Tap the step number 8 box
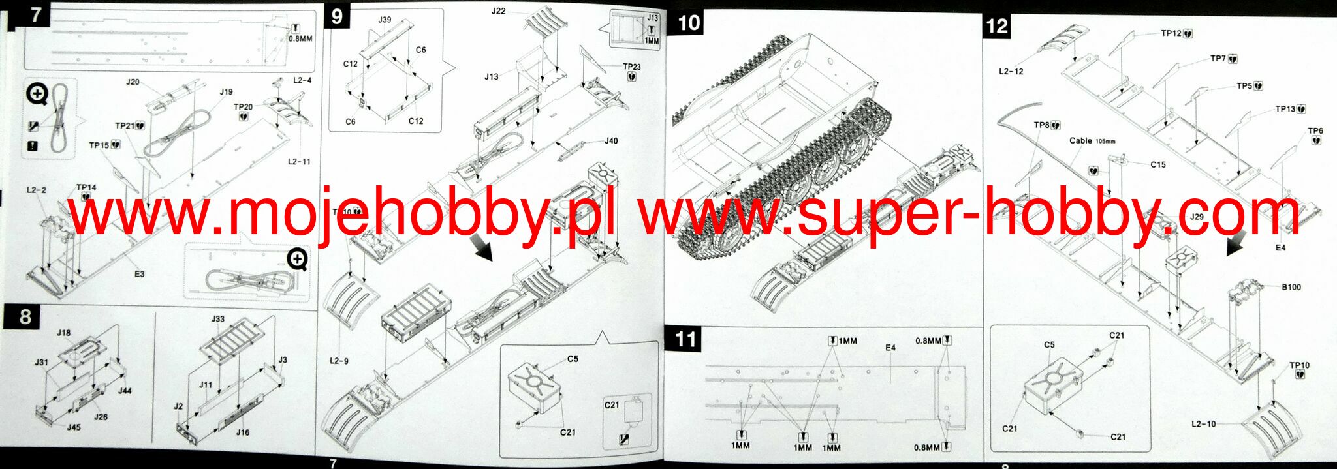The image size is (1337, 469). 25,317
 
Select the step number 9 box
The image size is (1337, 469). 337,15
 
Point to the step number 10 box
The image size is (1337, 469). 689,23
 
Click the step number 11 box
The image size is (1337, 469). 686,339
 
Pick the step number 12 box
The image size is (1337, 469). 997,26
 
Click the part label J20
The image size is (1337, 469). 133,82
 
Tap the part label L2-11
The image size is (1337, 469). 299,161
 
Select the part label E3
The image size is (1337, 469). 139,274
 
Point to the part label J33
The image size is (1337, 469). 218,319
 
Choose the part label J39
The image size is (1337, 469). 385,20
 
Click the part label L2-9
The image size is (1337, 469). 339,361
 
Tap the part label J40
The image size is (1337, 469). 611,141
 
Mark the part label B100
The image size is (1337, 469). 1291,287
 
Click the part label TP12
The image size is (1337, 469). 1171,33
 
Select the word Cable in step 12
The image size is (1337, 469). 1080,140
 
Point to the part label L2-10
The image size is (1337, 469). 1203,424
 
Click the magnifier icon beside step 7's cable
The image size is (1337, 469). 37,95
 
